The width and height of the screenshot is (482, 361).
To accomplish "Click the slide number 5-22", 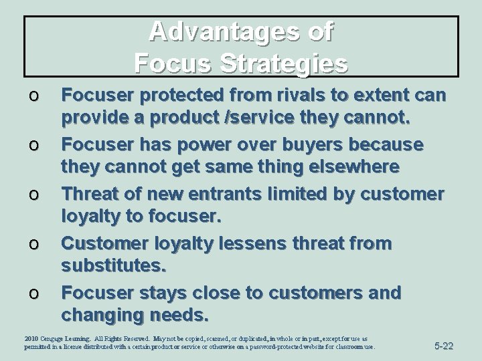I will [445, 346].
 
